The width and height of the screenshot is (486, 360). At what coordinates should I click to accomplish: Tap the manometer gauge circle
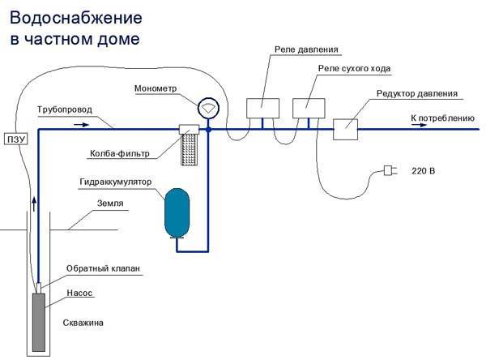point(208,107)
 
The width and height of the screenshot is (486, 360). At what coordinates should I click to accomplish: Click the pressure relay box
point(262,109)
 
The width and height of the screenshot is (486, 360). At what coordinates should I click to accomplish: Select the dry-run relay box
point(308,109)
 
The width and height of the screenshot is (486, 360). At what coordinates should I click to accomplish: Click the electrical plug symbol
point(390,172)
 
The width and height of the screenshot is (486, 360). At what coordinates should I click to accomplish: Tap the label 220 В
point(423,172)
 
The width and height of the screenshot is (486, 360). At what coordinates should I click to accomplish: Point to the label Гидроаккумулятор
point(126,183)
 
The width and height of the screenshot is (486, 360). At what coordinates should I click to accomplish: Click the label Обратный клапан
point(96,269)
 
